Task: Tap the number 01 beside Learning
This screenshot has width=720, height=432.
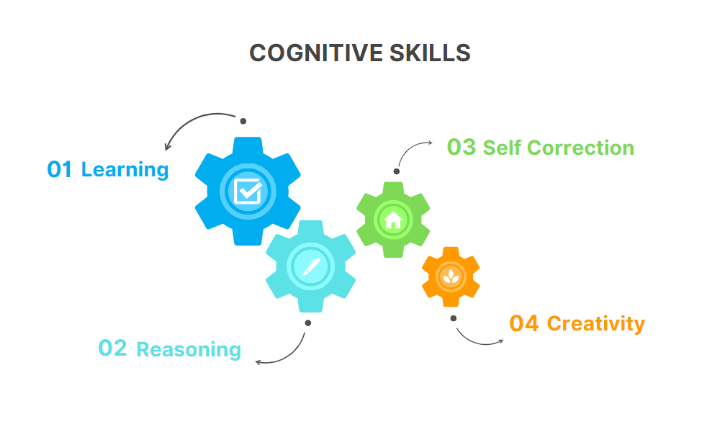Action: click(x=60, y=170)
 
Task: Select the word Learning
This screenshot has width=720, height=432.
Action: click(x=125, y=171)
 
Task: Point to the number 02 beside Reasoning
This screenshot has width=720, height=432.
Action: click(x=112, y=348)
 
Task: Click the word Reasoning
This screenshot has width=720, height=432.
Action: click(x=189, y=350)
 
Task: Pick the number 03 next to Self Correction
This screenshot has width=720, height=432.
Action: click(x=462, y=148)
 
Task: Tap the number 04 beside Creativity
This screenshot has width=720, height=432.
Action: click(x=523, y=324)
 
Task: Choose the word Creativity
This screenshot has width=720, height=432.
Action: click(x=596, y=324)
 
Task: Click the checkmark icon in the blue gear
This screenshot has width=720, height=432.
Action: click(x=248, y=191)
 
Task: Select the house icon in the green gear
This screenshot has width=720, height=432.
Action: click(x=393, y=219)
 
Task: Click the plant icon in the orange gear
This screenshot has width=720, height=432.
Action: click(x=451, y=276)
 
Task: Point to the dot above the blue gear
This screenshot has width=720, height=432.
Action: click(x=243, y=120)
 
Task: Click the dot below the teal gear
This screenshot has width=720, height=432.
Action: click(x=307, y=323)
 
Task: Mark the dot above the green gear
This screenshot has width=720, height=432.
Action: click(x=396, y=171)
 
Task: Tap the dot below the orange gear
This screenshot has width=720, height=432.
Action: click(x=454, y=318)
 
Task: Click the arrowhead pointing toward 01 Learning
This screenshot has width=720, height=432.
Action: click(x=168, y=148)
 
